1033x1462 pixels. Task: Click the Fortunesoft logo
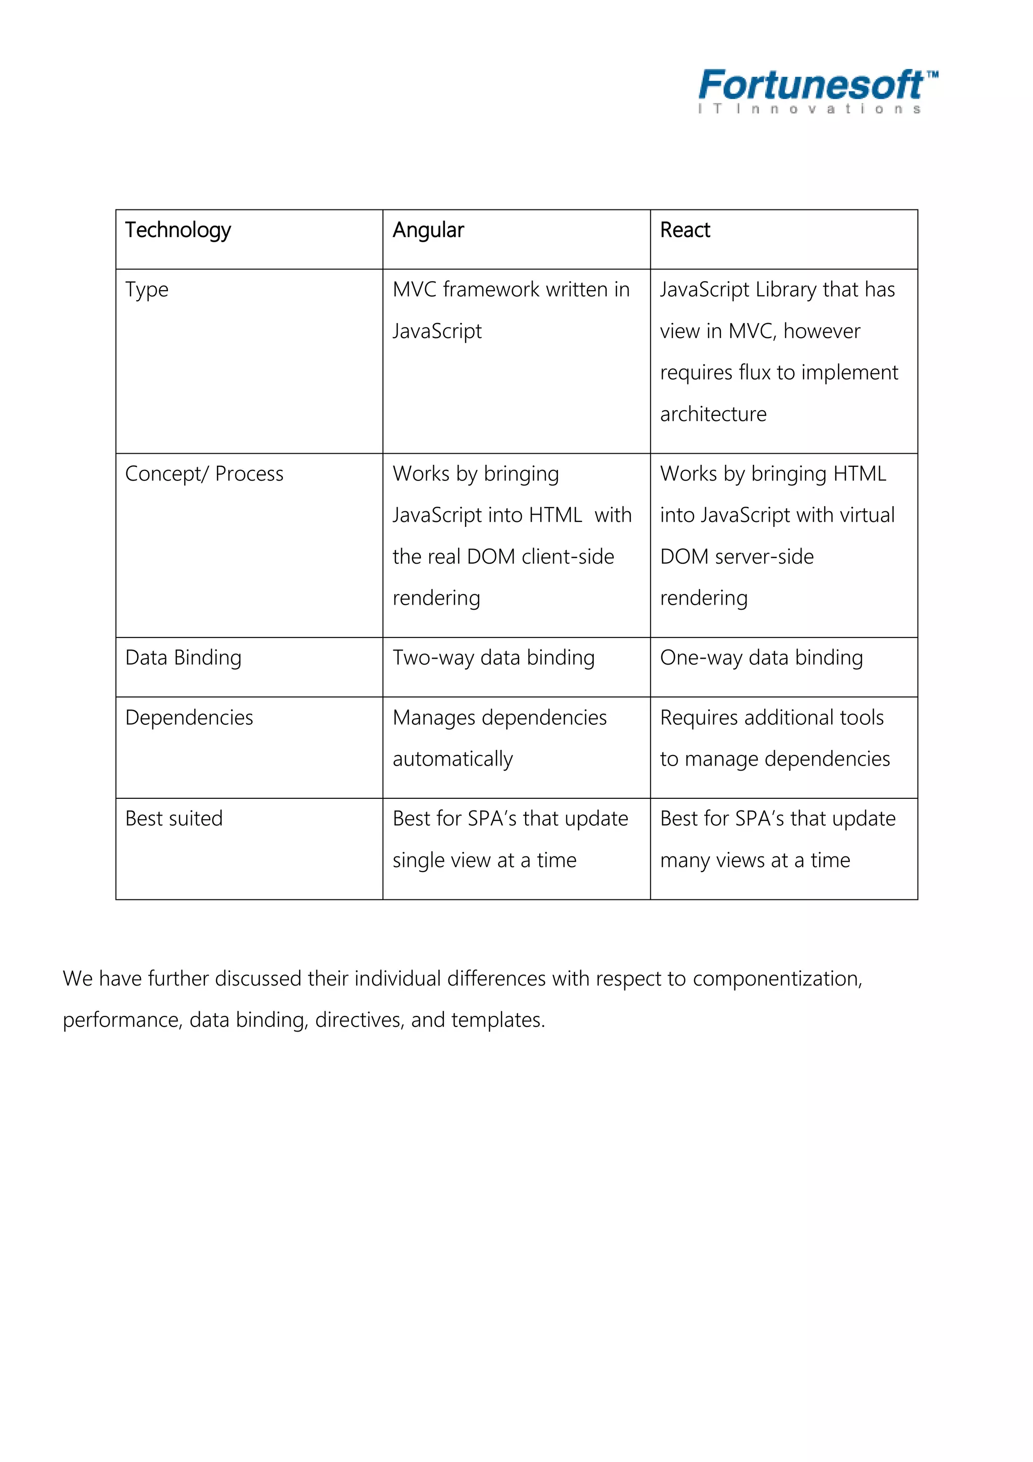(x=812, y=90)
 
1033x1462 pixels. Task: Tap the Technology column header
(x=178, y=231)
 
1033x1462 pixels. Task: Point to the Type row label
(x=146, y=290)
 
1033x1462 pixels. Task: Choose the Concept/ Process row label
(x=204, y=474)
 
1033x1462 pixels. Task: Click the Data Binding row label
(x=183, y=658)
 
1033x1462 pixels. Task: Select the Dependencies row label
(x=189, y=718)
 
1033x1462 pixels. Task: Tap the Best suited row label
(x=174, y=819)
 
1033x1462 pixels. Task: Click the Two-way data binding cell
(x=493, y=658)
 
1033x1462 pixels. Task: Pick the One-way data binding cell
(x=761, y=658)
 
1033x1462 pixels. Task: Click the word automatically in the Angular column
(x=452, y=759)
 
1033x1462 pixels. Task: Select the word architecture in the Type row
(x=713, y=414)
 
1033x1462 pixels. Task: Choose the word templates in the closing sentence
(x=497, y=1020)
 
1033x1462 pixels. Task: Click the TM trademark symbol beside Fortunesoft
(x=932, y=75)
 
